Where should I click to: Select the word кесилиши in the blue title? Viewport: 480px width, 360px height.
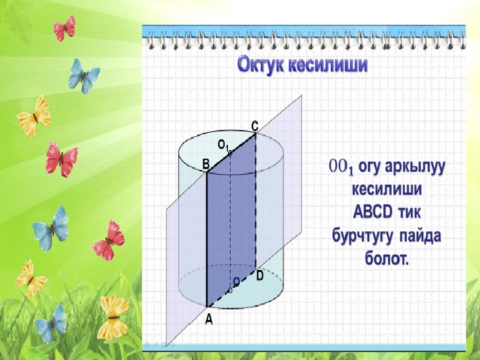[x=328, y=64]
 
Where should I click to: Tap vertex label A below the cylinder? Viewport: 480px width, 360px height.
[x=208, y=319]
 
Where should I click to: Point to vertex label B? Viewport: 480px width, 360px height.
[x=206, y=164]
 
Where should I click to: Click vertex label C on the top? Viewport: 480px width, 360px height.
[x=254, y=126]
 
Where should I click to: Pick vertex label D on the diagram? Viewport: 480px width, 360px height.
[x=259, y=276]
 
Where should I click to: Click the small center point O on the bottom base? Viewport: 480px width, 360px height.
[x=230, y=290]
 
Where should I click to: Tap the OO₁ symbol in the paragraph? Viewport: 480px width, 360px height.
[x=341, y=167]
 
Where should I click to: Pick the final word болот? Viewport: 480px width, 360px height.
[x=387, y=259]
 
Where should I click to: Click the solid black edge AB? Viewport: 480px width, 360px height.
[x=207, y=239]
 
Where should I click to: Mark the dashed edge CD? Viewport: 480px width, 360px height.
[x=255, y=202]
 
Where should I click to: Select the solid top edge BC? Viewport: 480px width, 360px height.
[x=232, y=153]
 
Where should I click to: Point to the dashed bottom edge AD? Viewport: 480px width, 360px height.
[x=232, y=289]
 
